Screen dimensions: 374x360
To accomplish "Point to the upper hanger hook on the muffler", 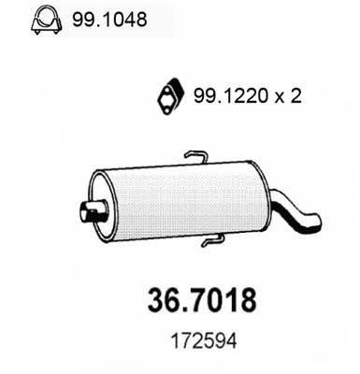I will point(194,155).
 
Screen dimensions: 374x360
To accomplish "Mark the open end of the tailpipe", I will point(316,223).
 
